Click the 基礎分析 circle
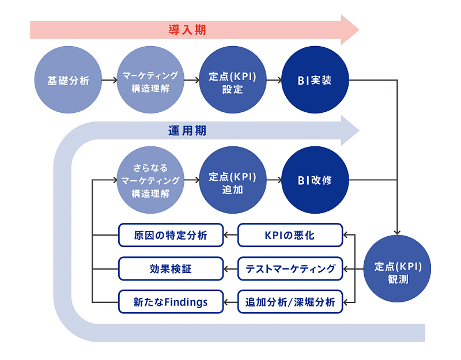pyautogui.click(x=68, y=79)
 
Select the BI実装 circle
pyautogui.click(x=315, y=79)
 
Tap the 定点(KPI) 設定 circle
pyautogui.click(x=233, y=79)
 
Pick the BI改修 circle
pyautogui.click(x=315, y=180)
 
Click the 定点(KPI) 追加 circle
pyautogui.click(x=233, y=180)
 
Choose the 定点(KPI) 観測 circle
pyautogui.click(x=397, y=268)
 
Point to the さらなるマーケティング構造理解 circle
pyautogui.click(x=150, y=180)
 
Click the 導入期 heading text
pyautogui.click(x=187, y=30)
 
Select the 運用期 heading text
pyautogui.click(x=187, y=131)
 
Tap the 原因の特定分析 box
pyautogui.click(x=171, y=235)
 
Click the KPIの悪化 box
pyautogui.click(x=290, y=235)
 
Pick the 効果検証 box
pyautogui.click(x=171, y=268)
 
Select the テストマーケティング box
pyautogui.click(x=290, y=268)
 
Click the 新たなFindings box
pyautogui.click(x=171, y=302)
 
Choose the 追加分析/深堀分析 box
pyautogui.click(x=290, y=302)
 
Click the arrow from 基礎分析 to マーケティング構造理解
pyautogui.click(x=109, y=80)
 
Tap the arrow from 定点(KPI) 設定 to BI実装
pyautogui.click(x=274, y=80)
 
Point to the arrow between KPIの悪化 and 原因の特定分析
pyautogui.click(x=231, y=235)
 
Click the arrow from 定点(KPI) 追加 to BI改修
pyautogui.click(x=274, y=180)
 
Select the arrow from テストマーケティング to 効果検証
pyautogui.click(x=231, y=268)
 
